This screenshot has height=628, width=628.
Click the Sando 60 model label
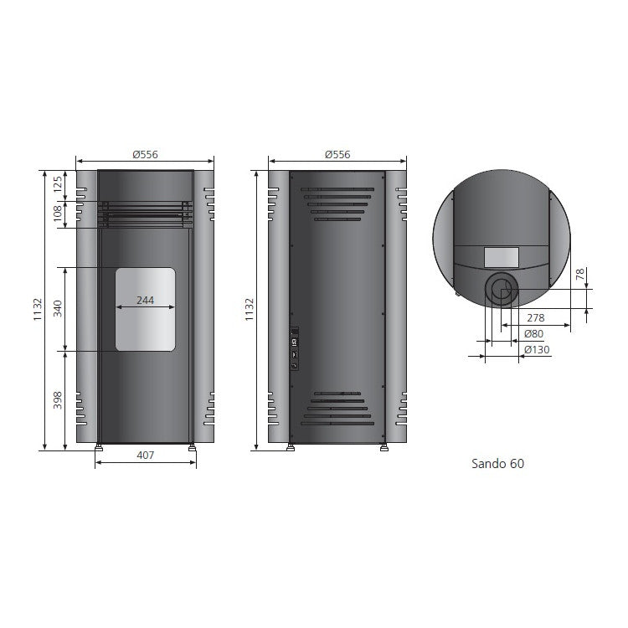497,463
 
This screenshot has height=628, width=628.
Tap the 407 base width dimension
146,455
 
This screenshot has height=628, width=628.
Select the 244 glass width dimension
145,300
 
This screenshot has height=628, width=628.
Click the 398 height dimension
58,400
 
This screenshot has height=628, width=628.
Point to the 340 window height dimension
58,308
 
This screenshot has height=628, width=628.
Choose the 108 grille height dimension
58,214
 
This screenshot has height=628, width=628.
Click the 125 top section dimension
58,184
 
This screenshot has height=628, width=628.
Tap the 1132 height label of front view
38,309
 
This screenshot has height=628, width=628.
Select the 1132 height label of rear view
250,309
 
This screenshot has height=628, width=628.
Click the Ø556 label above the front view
145,154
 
